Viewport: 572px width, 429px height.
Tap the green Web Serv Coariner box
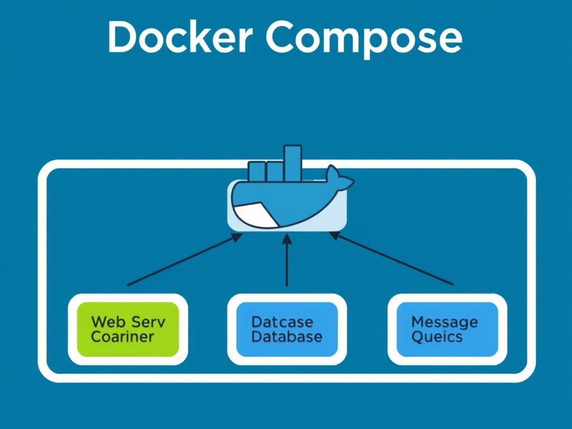(x=128, y=330)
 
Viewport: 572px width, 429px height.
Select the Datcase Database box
(x=287, y=330)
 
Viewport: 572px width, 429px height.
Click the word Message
(x=444, y=322)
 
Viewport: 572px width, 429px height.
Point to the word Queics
(x=437, y=337)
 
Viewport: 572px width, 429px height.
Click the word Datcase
(x=282, y=322)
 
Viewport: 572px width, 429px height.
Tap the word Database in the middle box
(x=287, y=337)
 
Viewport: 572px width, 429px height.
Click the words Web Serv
(x=128, y=322)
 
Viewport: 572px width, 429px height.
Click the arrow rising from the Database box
(x=287, y=263)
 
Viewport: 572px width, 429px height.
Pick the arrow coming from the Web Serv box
(x=184, y=260)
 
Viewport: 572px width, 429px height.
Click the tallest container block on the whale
(x=292, y=162)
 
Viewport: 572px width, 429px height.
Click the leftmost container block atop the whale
(x=256, y=170)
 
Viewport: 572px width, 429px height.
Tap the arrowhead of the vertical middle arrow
(x=287, y=239)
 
